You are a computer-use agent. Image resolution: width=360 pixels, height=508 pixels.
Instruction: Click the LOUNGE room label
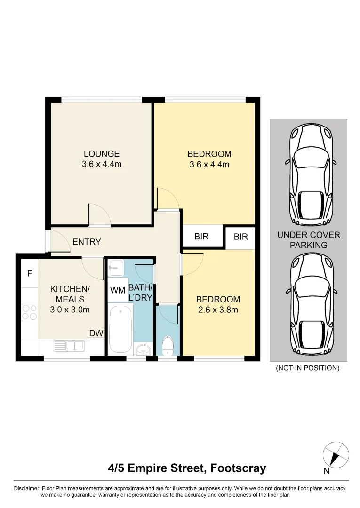(x=101, y=154)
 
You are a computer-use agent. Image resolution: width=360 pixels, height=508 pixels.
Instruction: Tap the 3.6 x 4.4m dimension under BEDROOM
(x=209, y=165)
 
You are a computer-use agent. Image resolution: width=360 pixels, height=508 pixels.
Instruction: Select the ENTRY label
(x=87, y=242)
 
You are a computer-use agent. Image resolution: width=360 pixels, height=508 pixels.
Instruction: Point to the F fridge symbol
(x=29, y=273)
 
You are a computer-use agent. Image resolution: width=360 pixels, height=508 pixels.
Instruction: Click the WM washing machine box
(x=118, y=291)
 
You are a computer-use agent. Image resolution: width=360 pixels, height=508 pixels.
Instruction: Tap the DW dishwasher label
(x=96, y=333)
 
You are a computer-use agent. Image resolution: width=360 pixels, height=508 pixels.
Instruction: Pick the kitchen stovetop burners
(x=29, y=312)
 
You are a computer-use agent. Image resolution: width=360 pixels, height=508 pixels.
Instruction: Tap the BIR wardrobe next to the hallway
(x=201, y=237)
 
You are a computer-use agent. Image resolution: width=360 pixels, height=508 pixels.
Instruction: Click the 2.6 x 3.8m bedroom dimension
(x=218, y=310)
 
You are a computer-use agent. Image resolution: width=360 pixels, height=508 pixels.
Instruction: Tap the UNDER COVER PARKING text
(x=308, y=240)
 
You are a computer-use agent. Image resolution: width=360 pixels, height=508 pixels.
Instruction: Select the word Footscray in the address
(x=239, y=468)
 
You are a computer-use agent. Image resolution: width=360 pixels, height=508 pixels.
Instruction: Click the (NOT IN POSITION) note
(x=307, y=368)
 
